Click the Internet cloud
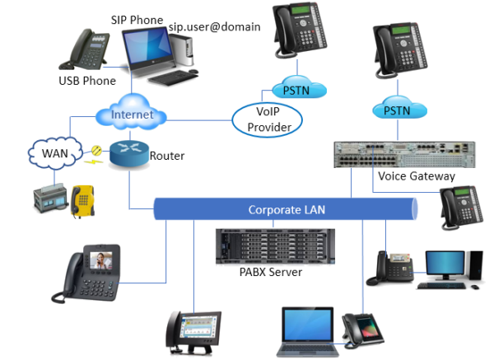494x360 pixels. point(131,115)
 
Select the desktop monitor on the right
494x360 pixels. point(449,266)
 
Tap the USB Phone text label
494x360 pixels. point(81,81)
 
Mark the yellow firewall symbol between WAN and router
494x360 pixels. point(96,152)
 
